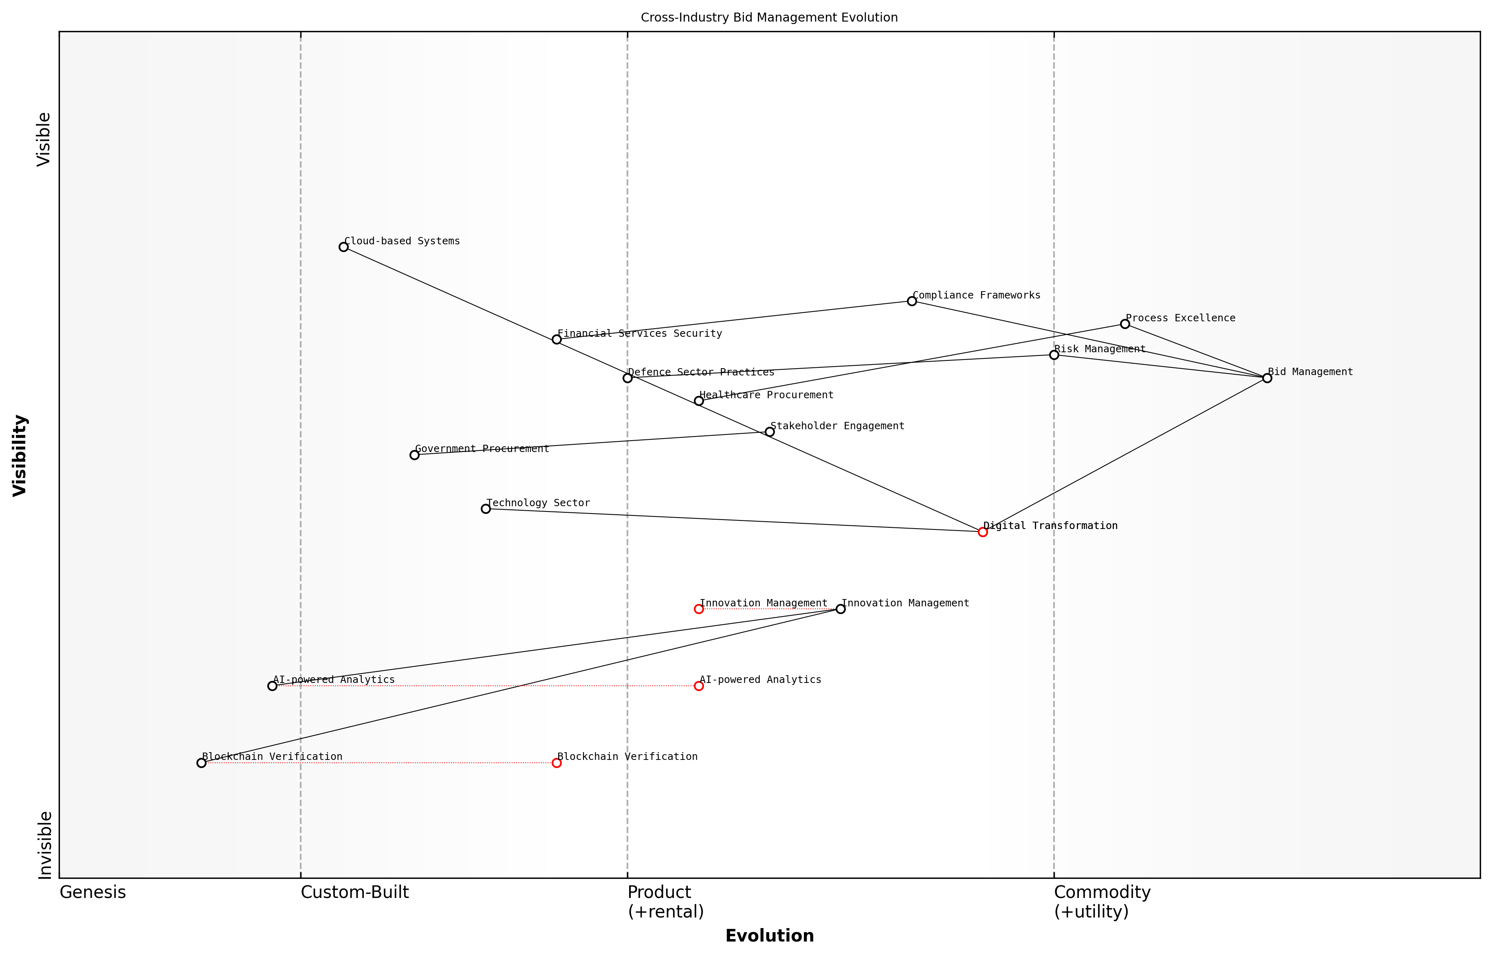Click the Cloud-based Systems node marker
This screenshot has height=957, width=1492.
(x=343, y=247)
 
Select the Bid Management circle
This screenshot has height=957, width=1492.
(x=1267, y=378)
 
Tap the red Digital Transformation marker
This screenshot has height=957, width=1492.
(x=983, y=532)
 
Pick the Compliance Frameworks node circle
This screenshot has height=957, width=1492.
(x=912, y=301)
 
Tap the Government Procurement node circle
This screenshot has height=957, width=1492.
(x=415, y=455)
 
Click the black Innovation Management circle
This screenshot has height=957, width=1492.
(x=841, y=609)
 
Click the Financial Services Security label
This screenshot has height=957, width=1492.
(x=640, y=334)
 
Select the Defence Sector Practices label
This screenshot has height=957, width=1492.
(x=701, y=372)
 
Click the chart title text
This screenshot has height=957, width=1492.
(x=769, y=18)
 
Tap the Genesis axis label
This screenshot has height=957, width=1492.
(x=92, y=892)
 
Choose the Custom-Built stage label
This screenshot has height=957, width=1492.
(x=355, y=892)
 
